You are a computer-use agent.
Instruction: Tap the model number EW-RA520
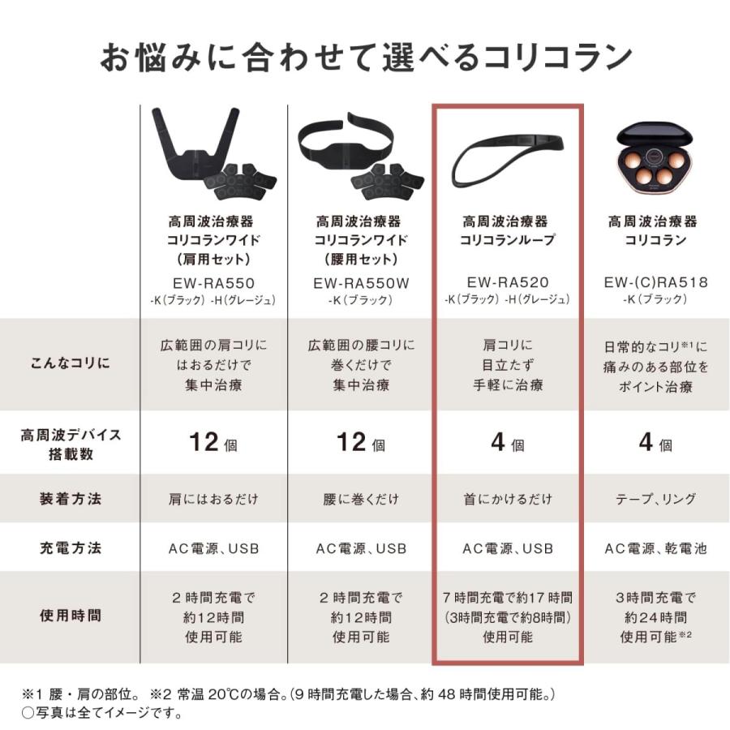[x=507, y=282]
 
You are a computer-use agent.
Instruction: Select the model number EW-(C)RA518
[x=656, y=282]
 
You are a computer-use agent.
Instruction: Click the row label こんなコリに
[x=71, y=364]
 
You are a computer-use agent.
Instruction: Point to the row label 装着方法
[x=71, y=499]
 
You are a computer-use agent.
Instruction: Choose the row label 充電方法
[x=71, y=548]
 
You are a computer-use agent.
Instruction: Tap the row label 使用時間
[x=71, y=616]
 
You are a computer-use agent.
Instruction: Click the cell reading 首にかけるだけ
[x=507, y=499]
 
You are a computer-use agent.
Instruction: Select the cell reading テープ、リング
[x=656, y=499]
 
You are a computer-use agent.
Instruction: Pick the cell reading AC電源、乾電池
[x=656, y=549]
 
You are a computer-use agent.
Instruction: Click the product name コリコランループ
[x=507, y=240]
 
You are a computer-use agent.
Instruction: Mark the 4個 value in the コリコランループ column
[x=507, y=444]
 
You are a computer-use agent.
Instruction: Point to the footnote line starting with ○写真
[x=101, y=714]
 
